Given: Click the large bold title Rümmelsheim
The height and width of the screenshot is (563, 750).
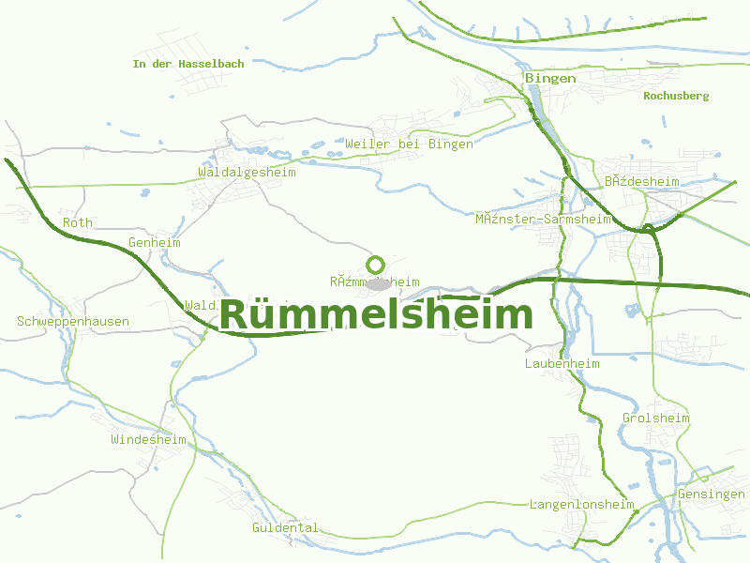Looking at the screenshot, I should pyautogui.click(x=376, y=314).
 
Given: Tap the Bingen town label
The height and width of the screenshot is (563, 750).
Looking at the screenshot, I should pyautogui.click(x=550, y=78).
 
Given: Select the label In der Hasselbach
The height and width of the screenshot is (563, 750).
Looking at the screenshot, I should pyautogui.click(x=188, y=64).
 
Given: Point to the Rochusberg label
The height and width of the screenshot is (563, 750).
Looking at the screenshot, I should pyautogui.click(x=676, y=96).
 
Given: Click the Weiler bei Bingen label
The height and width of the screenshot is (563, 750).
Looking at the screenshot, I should pyautogui.click(x=409, y=144).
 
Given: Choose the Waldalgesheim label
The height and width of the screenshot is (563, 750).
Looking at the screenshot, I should pyautogui.click(x=247, y=172).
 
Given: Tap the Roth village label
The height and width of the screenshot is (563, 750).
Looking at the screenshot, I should pyautogui.click(x=78, y=222).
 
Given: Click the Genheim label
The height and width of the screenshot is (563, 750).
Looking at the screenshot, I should pyautogui.click(x=154, y=242).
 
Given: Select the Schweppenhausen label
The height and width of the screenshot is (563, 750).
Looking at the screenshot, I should pyautogui.click(x=73, y=321).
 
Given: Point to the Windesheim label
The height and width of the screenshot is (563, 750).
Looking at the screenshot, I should pyautogui.click(x=148, y=439).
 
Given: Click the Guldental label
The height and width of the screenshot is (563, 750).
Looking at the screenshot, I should pyautogui.click(x=285, y=527).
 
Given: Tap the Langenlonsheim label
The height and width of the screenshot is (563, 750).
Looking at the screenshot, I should pyautogui.click(x=581, y=504).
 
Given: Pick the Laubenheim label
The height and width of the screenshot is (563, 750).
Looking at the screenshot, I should pyautogui.click(x=562, y=362).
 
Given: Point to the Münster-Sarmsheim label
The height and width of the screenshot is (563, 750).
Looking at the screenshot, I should pyautogui.click(x=543, y=219).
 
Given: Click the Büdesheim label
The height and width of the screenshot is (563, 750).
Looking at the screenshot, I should pyautogui.click(x=641, y=181).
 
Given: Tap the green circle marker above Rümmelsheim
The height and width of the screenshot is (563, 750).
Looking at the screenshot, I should pyautogui.click(x=376, y=265).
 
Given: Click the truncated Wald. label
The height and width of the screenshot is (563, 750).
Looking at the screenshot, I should pyautogui.click(x=202, y=305).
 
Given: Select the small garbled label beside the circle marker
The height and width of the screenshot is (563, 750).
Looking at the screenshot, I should pyautogui.click(x=374, y=281).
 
